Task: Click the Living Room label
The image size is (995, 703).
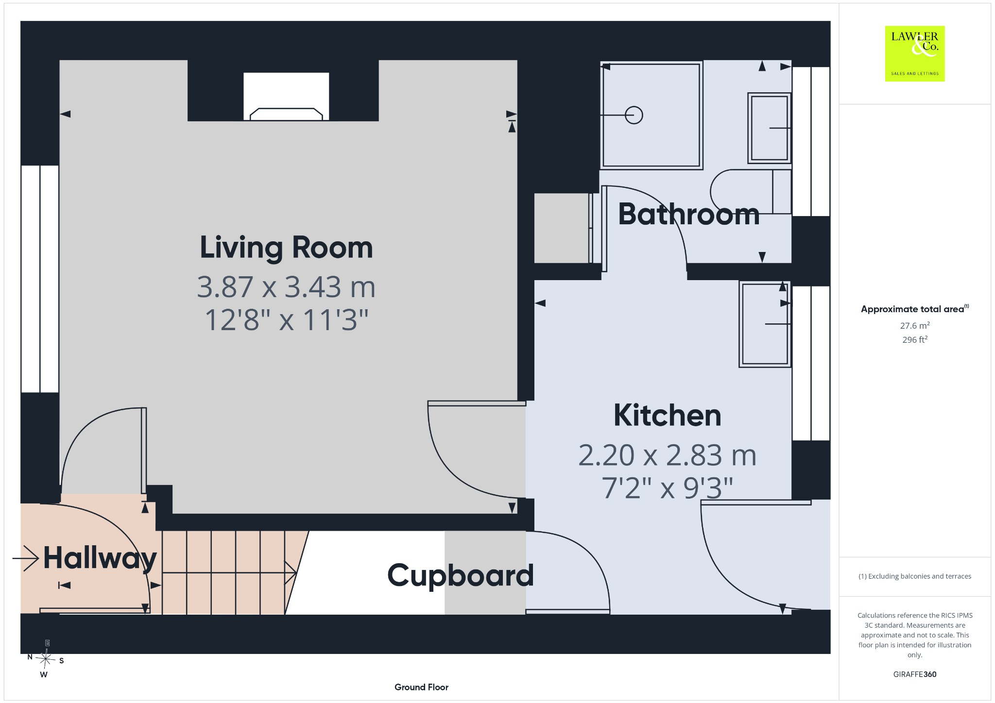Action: tap(286, 248)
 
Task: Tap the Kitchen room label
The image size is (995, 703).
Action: tap(668, 416)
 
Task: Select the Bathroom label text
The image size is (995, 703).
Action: tap(689, 214)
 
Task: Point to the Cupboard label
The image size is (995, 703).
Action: tap(461, 576)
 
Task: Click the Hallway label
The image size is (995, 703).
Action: tap(100, 558)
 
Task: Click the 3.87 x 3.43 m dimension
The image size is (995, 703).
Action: tap(286, 287)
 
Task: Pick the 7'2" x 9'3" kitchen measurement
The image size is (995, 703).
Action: tap(667, 488)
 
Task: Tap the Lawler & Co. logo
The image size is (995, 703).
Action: tap(915, 53)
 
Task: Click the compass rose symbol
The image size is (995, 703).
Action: tap(46, 659)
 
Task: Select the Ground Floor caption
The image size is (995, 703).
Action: tap(421, 687)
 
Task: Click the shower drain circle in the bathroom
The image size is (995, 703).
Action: tap(634, 115)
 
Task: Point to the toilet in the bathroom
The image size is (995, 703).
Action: tap(751, 191)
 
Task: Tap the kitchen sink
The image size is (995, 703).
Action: tap(765, 324)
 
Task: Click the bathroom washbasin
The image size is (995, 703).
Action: tap(769, 128)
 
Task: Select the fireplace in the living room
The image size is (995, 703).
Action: tap(286, 96)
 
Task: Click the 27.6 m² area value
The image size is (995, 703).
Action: tap(915, 325)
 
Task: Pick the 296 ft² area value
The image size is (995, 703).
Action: tap(915, 339)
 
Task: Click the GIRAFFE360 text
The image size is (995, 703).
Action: tap(915, 674)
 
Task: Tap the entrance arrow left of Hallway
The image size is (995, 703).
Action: tap(26, 558)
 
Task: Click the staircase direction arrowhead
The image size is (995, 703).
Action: tap(291, 573)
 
